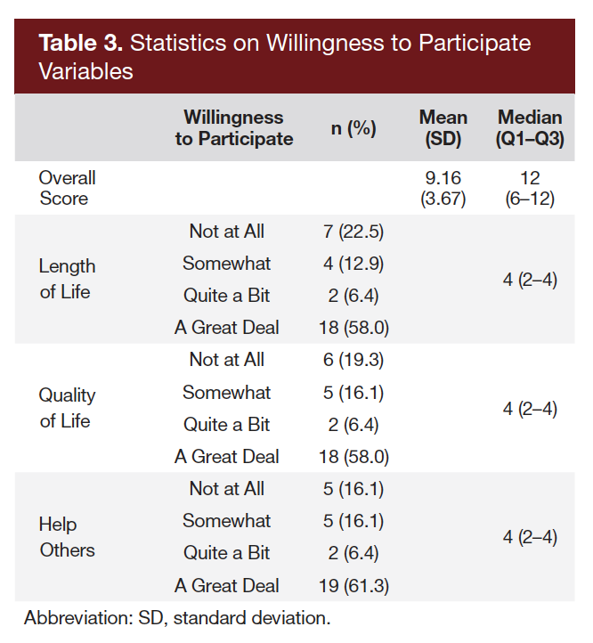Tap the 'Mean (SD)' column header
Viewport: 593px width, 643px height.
coord(443,128)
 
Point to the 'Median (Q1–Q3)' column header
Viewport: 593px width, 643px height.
coord(530,128)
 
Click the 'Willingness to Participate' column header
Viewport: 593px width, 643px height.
coord(234,128)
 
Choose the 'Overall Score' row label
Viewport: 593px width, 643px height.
coord(67,188)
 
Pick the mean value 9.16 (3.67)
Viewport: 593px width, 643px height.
coord(443,188)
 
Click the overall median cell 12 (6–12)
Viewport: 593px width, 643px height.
coord(530,188)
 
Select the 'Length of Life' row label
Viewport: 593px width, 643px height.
coord(67,279)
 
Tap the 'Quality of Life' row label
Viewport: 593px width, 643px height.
coord(67,408)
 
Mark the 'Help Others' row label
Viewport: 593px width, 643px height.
coord(67,537)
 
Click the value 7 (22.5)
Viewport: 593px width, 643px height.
coord(354,232)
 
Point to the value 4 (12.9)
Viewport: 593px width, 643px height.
coord(354,264)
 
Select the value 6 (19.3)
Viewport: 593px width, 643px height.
coord(354,360)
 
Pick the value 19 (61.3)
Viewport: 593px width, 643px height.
coord(354,586)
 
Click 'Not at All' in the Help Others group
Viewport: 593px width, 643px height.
coord(227,489)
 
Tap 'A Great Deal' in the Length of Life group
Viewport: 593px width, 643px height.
coord(227,328)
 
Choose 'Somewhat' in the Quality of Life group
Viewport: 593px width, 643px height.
coord(227,392)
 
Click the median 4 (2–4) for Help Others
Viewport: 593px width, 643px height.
coord(530,537)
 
